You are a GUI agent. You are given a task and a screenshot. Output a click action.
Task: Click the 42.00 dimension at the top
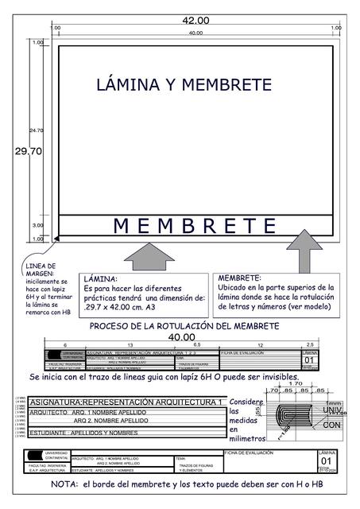(195, 20)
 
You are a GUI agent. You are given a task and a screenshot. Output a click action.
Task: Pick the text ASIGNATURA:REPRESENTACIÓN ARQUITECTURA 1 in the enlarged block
(126, 403)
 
